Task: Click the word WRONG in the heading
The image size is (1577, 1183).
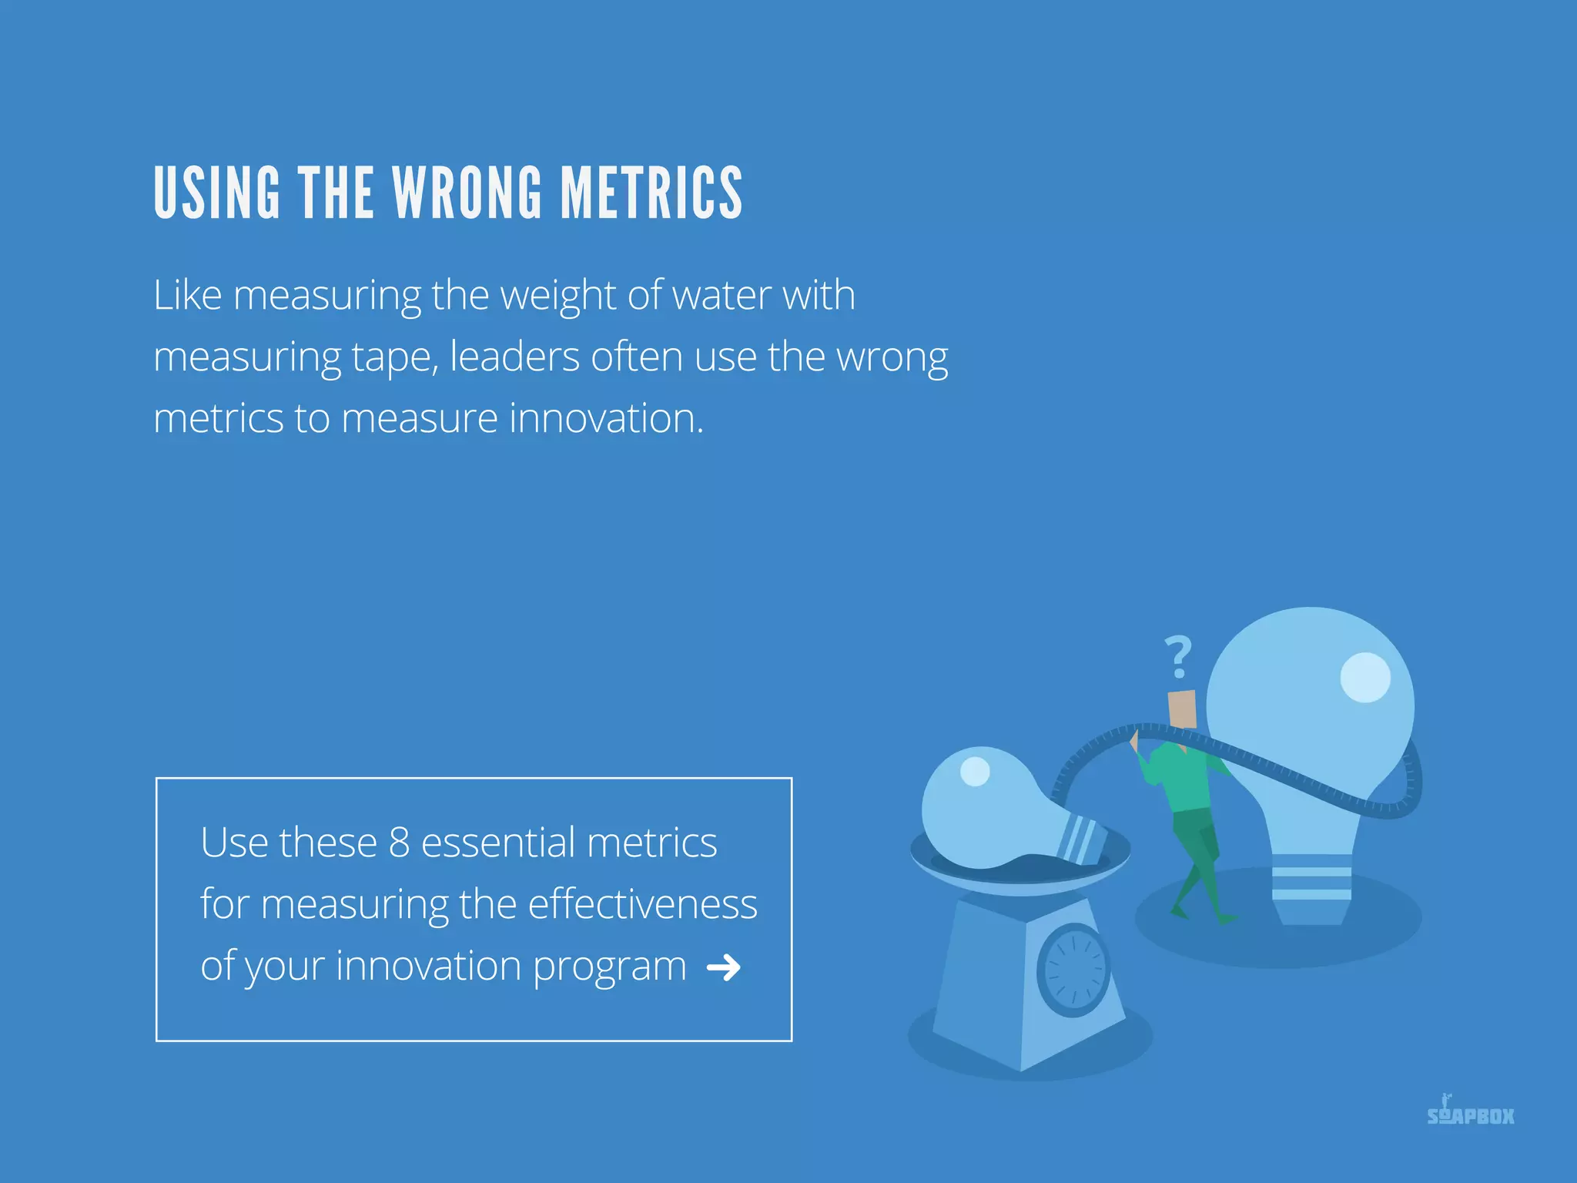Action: (467, 193)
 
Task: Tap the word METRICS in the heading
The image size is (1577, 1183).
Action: (651, 193)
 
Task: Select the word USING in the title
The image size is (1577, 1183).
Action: (217, 193)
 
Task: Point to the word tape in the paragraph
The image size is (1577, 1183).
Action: (393, 358)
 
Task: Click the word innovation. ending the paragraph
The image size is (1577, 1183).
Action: (606, 418)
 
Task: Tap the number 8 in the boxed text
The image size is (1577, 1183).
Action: (399, 842)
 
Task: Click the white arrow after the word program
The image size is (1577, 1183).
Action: (724, 967)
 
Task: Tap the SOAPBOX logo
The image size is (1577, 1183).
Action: (1470, 1114)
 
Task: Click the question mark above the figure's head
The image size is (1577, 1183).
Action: (1177, 657)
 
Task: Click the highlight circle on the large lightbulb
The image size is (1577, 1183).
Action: (1364, 678)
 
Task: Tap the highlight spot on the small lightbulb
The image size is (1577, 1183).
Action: (975, 771)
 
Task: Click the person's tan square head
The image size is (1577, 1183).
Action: (1182, 709)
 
